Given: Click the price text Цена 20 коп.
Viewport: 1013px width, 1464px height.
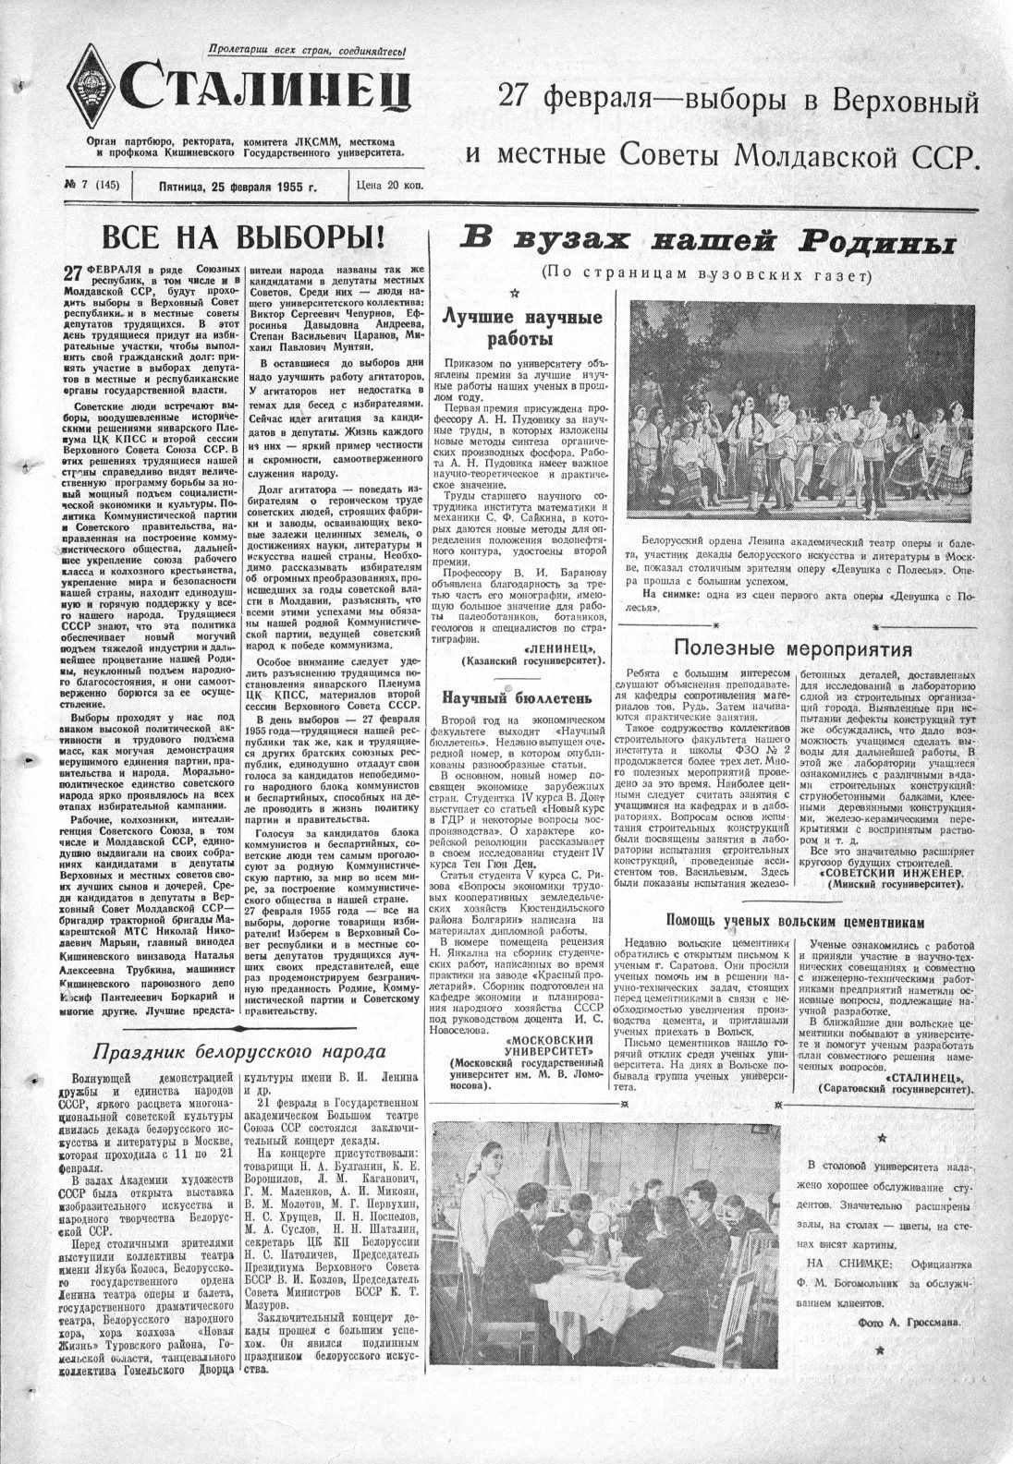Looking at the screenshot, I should pyautogui.click(x=389, y=187).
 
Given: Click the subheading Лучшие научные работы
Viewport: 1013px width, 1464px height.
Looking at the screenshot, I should pyautogui.click(x=522, y=328).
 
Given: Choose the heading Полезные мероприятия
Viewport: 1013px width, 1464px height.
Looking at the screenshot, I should pyautogui.click(x=793, y=647).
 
